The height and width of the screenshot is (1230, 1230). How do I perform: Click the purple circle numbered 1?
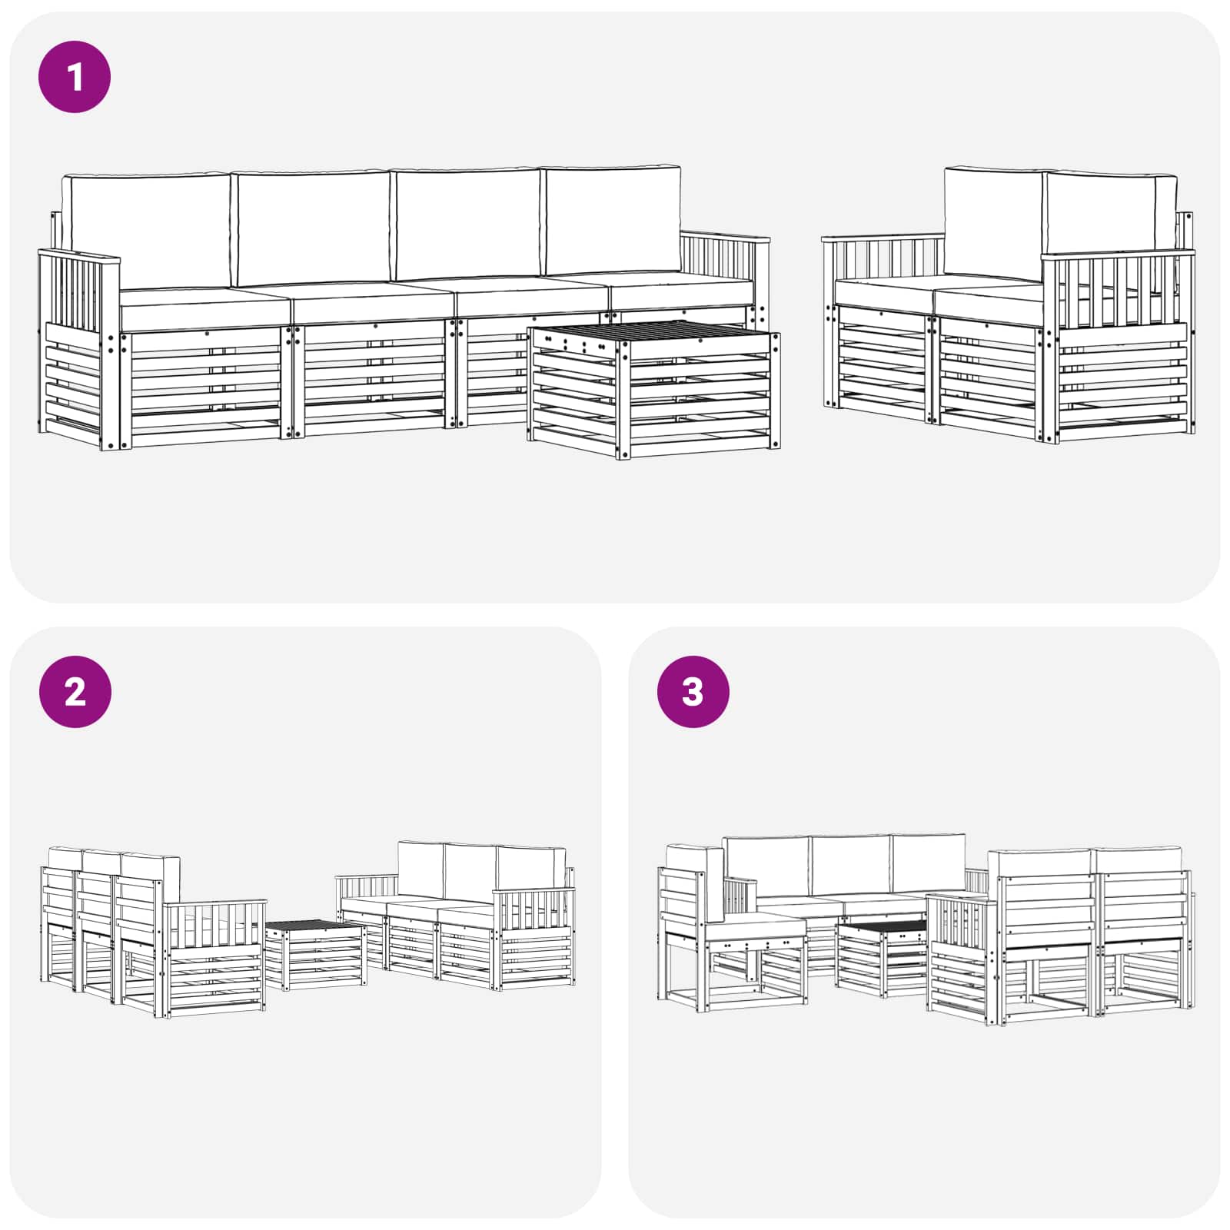point(75,78)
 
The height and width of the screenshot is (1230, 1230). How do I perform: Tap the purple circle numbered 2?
point(75,692)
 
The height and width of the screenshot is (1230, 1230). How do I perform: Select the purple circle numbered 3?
point(693,692)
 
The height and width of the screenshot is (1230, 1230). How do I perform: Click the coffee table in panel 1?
point(653,388)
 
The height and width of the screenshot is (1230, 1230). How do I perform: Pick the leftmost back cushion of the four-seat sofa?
point(146,229)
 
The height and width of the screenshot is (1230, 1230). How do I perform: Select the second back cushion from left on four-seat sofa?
point(311,228)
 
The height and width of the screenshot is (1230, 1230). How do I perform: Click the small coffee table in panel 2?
point(315,953)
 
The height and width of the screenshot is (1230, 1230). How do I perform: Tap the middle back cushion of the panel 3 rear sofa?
point(850,866)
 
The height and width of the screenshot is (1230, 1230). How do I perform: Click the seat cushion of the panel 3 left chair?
point(755,929)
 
